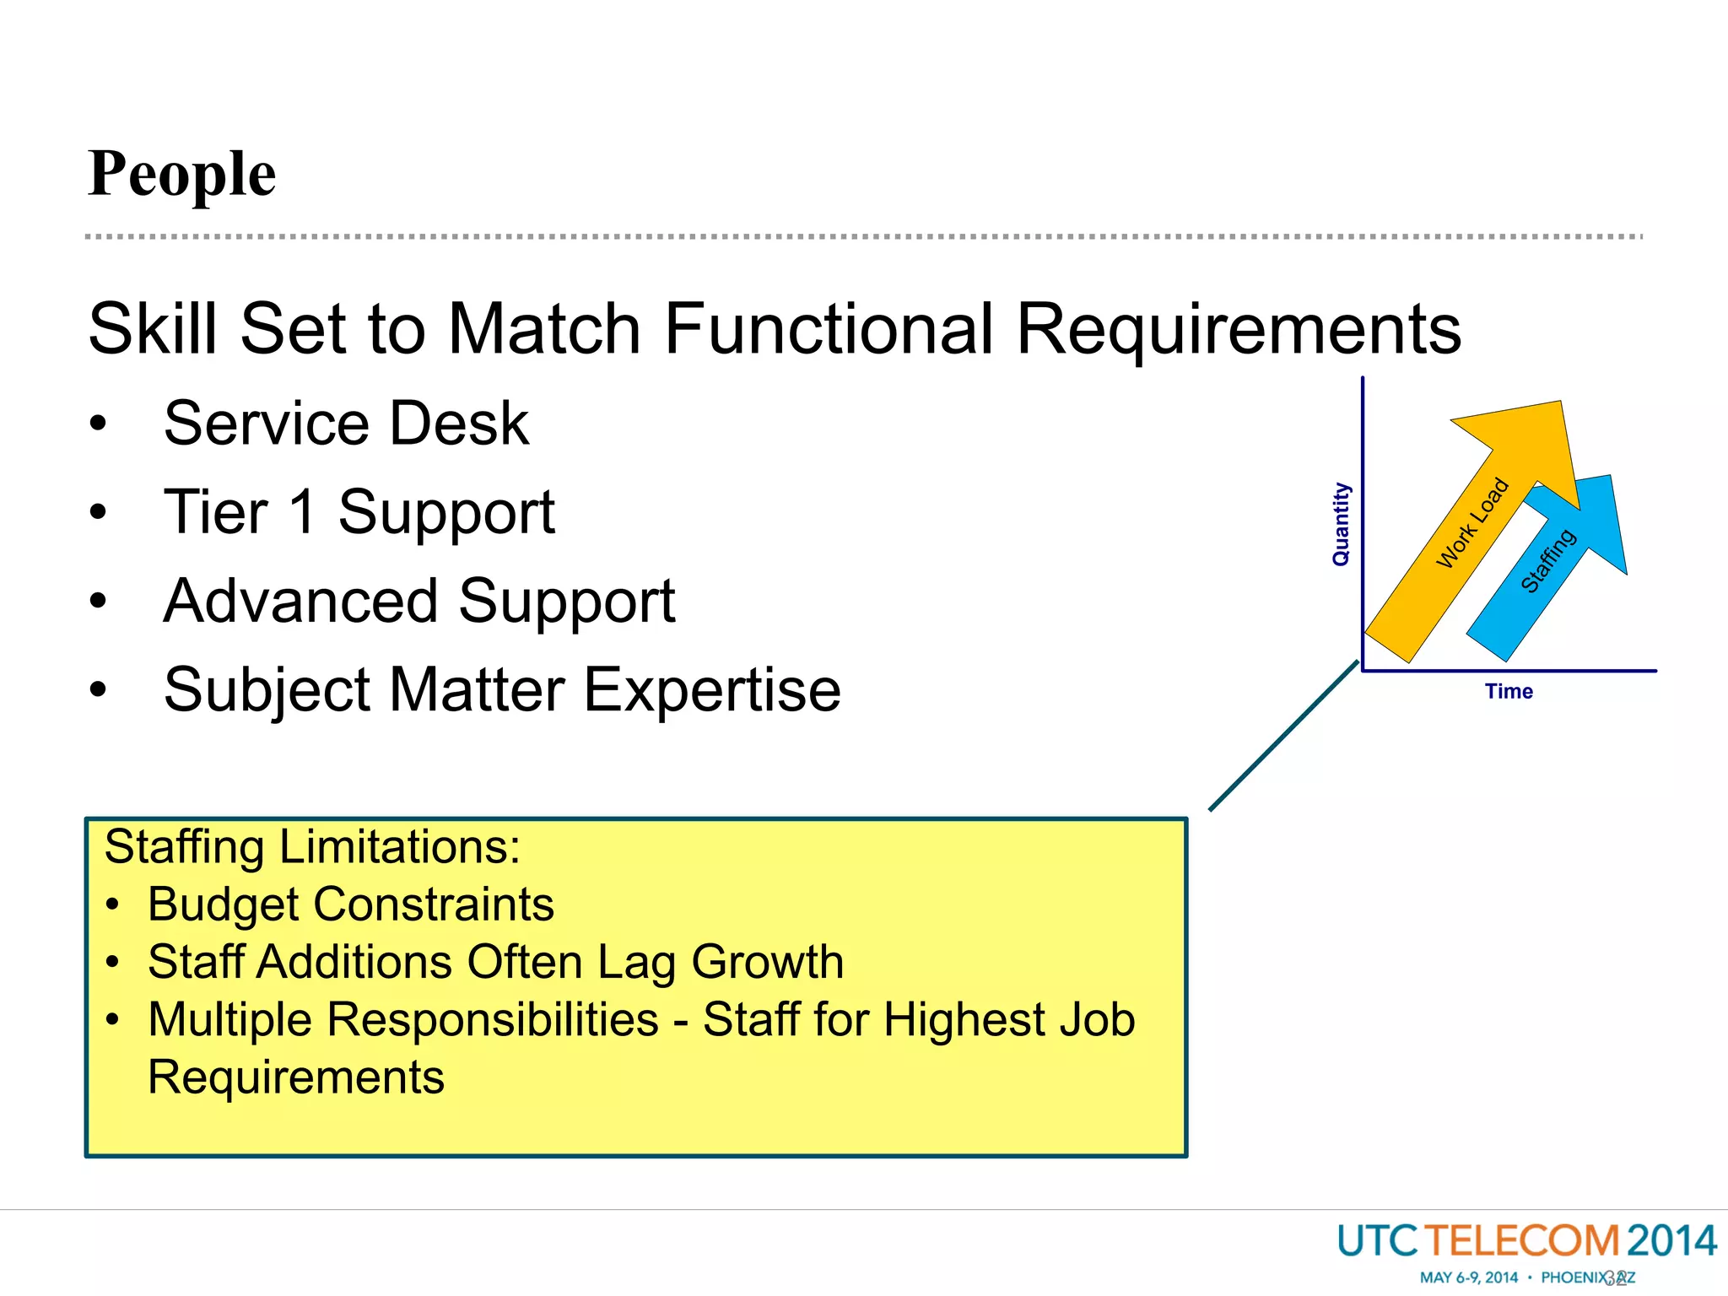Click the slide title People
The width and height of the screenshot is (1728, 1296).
(181, 174)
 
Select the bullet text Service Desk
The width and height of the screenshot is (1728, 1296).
(346, 424)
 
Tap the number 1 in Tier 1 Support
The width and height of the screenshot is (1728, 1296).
(301, 512)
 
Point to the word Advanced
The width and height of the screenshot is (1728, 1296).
(299, 602)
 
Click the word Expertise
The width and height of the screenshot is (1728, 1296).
(712, 690)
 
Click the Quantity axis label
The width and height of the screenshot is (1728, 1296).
(1341, 523)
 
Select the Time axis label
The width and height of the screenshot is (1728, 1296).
(1509, 692)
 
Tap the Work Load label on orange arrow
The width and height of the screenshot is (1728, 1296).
(1472, 523)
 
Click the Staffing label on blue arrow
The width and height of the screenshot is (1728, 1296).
(1547, 561)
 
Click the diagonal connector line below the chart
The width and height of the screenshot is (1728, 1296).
(1282, 737)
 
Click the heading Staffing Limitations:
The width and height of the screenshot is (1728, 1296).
(312, 847)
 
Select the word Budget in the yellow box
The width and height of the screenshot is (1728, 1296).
(223, 904)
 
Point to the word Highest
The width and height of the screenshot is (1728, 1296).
(962, 1019)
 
